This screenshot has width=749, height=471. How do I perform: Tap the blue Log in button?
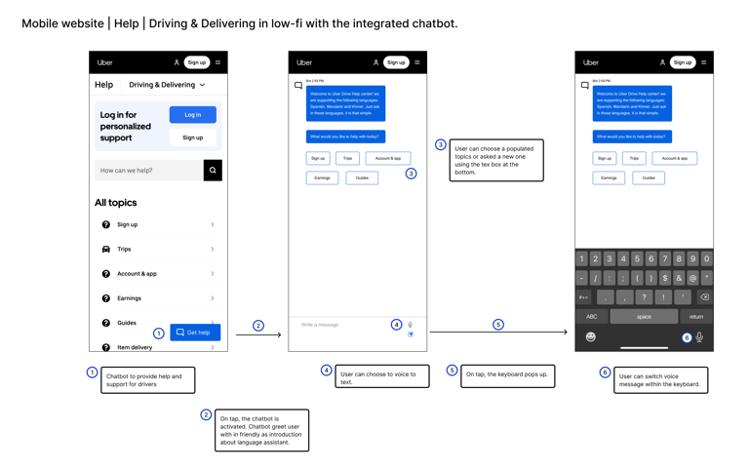coord(192,115)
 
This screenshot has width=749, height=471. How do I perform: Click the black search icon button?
coord(213,170)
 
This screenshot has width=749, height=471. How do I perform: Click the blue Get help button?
coord(195,333)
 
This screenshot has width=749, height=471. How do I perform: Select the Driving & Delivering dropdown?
coord(167,85)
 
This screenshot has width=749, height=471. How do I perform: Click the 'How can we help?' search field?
coord(148,170)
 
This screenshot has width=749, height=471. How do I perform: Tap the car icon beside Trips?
coord(106,250)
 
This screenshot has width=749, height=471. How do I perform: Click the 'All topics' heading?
coord(115,203)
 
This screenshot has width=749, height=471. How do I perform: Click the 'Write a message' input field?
coord(341,325)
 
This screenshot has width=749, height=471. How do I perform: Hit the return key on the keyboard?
coord(696,316)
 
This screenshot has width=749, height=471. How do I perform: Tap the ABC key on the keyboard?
coord(592,316)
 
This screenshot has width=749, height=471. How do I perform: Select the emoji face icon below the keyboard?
coord(590,336)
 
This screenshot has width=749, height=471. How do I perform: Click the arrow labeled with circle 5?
coord(497,333)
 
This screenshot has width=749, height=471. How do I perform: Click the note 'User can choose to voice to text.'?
coord(382,376)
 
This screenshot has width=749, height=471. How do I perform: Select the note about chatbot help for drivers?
coord(147,379)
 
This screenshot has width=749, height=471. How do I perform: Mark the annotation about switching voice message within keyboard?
coord(660,379)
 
